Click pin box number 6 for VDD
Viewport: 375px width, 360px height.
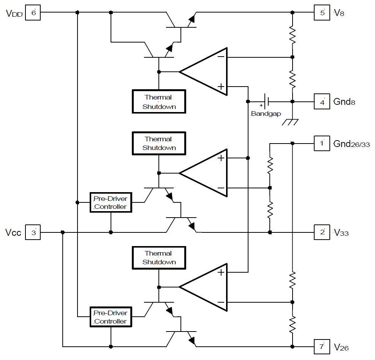33,13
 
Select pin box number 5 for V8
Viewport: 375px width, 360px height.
322,13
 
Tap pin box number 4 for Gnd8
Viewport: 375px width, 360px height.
322,102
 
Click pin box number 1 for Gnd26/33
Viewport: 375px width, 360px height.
322,144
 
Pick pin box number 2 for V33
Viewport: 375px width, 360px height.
322,232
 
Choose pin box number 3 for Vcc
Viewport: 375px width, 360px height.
33,232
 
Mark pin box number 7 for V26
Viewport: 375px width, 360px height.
322,347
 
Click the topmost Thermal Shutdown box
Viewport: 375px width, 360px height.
159,102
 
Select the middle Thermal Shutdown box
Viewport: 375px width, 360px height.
159,143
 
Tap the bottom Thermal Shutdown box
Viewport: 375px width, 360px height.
159,257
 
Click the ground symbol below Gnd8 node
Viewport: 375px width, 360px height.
292,122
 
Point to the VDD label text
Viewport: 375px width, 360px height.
14,14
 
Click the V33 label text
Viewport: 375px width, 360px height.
341,232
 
